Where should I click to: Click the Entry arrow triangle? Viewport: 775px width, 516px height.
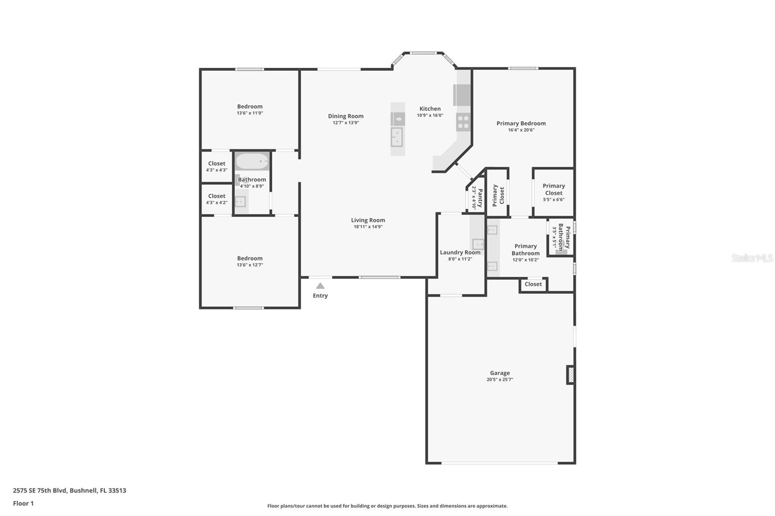click(x=320, y=286)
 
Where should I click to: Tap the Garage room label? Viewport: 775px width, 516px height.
click(x=499, y=373)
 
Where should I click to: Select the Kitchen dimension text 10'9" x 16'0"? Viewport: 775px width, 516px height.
click(x=430, y=116)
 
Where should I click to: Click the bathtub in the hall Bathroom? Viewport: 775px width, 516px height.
click(x=252, y=162)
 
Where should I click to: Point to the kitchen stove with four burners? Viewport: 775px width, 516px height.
click(x=463, y=121)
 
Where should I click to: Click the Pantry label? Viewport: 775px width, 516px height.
click(x=480, y=198)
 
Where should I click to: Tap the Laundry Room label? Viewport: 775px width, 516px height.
click(x=460, y=253)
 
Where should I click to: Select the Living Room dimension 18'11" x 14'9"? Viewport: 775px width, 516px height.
click(x=368, y=227)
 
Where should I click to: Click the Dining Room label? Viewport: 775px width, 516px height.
click(x=346, y=116)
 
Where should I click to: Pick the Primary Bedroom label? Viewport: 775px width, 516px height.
click(x=521, y=123)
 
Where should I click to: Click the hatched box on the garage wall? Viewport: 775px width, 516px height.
click(x=571, y=375)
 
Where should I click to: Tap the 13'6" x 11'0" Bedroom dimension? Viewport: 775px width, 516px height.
click(x=250, y=113)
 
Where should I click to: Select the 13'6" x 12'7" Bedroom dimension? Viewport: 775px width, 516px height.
click(x=250, y=265)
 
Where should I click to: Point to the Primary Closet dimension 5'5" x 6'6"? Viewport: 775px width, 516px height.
click(x=554, y=199)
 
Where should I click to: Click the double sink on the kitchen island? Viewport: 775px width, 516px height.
click(x=397, y=137)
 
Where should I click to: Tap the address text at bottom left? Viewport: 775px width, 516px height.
click(x=70, y=490)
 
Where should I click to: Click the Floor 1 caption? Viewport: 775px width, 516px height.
click(x=23, y=503)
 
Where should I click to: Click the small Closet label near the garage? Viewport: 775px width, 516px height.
click(x=533, y=284)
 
